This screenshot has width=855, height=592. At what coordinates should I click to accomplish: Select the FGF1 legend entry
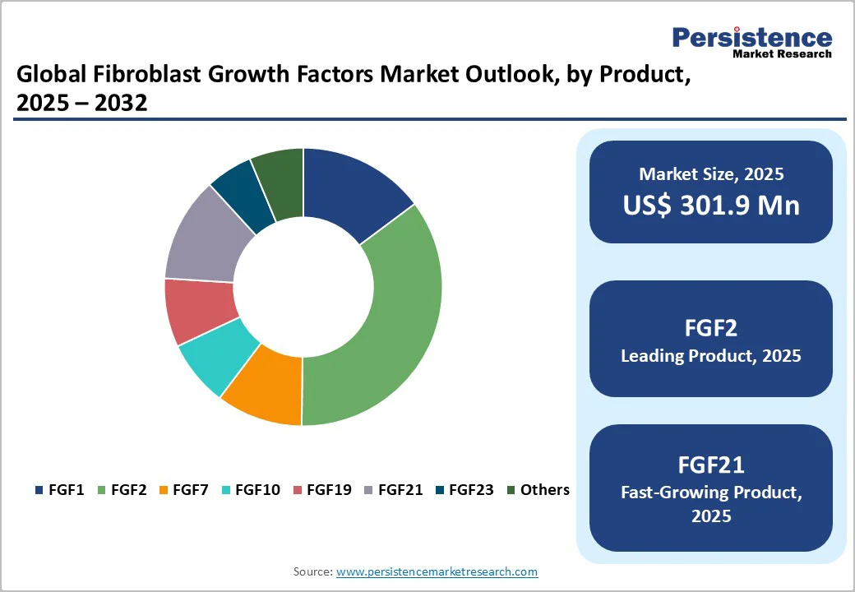tap(60, 490)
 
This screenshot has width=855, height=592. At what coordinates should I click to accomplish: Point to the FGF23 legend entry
tap(464, 490)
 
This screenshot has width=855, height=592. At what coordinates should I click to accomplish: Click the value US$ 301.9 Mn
tap(711, 205)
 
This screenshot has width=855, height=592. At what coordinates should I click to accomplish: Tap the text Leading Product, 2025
tap(711, 356)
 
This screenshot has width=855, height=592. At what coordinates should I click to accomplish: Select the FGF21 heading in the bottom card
tap(711, 465)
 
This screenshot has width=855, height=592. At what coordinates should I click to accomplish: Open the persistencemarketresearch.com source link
tap(437, 571)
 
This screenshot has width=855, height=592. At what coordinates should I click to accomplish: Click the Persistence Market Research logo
tap(751, 41)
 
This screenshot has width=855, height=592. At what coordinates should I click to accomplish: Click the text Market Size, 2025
tap(711, 174)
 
